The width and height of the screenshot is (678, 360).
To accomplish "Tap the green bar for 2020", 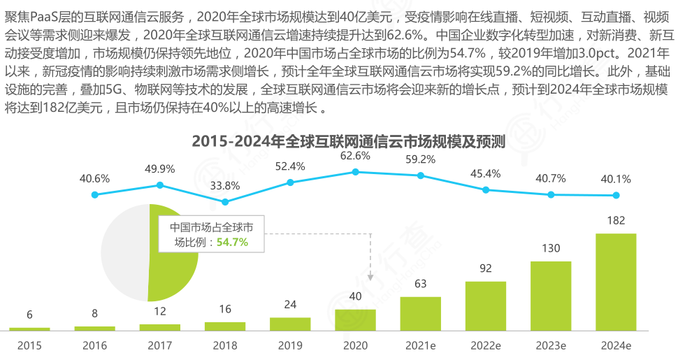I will tap(355, 319).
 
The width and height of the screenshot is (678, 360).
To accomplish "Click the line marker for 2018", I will tap(225, 201).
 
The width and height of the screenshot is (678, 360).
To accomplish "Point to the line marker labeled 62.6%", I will tap(355, 171).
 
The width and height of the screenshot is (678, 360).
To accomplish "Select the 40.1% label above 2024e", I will tap(616, 178).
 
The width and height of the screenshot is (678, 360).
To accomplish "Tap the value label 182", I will tap(616, 221).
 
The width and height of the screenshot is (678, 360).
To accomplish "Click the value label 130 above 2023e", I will tap(551, 249).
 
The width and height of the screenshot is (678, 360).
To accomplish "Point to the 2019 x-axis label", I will tap(290, 345).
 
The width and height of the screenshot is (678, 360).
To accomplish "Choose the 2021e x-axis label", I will tap(421, 345).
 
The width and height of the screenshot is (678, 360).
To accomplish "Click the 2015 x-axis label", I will tap(29, 345).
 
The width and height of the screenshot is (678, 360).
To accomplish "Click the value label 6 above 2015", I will tap(29, 315).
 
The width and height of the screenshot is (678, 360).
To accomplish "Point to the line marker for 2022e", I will tap(486, 189).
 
